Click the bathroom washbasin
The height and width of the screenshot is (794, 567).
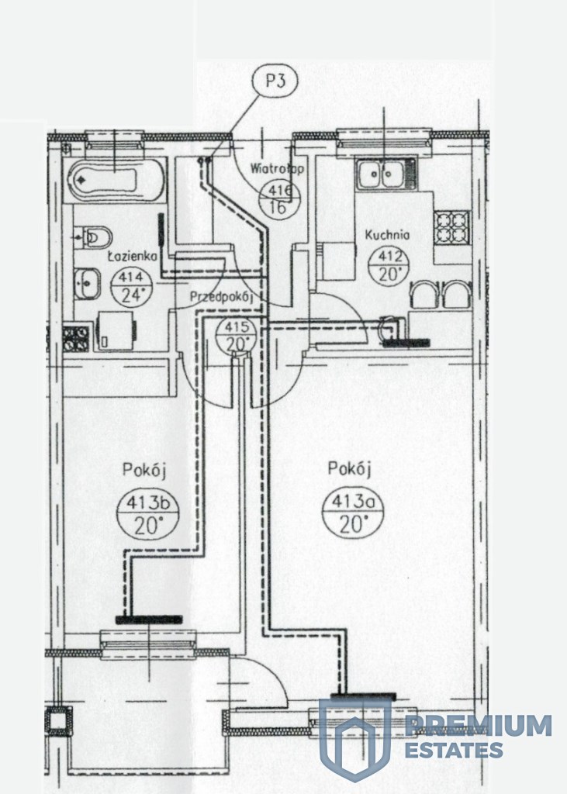pyautogui.click(x=87, y=282)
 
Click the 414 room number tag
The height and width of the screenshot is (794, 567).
pyautogui.click(x=131, y=285)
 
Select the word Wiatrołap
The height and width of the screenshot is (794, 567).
pyautogui.click(x=277, y=168)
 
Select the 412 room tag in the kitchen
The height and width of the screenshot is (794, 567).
pyautogui.click(x=392, y=265)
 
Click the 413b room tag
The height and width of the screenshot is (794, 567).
pyautogui.click(x=147, y=514)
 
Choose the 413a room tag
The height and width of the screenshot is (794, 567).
pyautogui.click(x=352, y=513)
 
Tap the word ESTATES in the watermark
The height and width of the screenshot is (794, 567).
pyautogui.click(x=455, y=751)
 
